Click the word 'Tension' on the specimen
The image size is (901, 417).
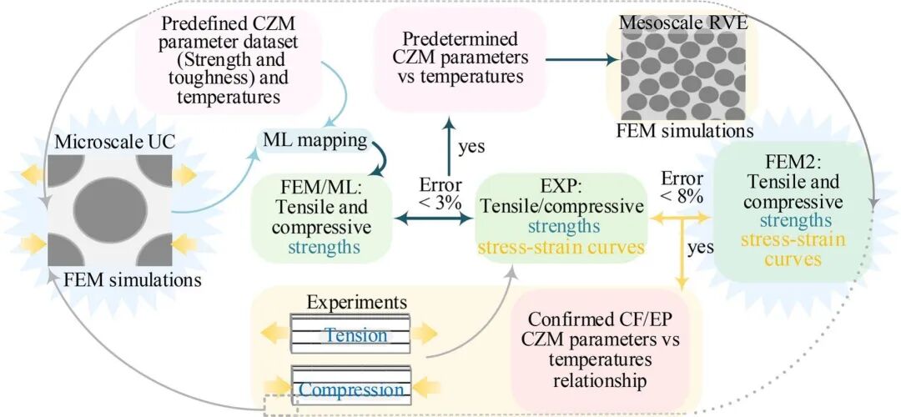[356, 335]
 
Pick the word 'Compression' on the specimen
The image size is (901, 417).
[351, 389]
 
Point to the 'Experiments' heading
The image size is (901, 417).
[356, 301]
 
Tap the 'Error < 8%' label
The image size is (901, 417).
[680, 188]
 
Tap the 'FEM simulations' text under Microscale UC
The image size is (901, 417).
[128, 280]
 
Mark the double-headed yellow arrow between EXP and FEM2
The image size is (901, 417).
[680, 218]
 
